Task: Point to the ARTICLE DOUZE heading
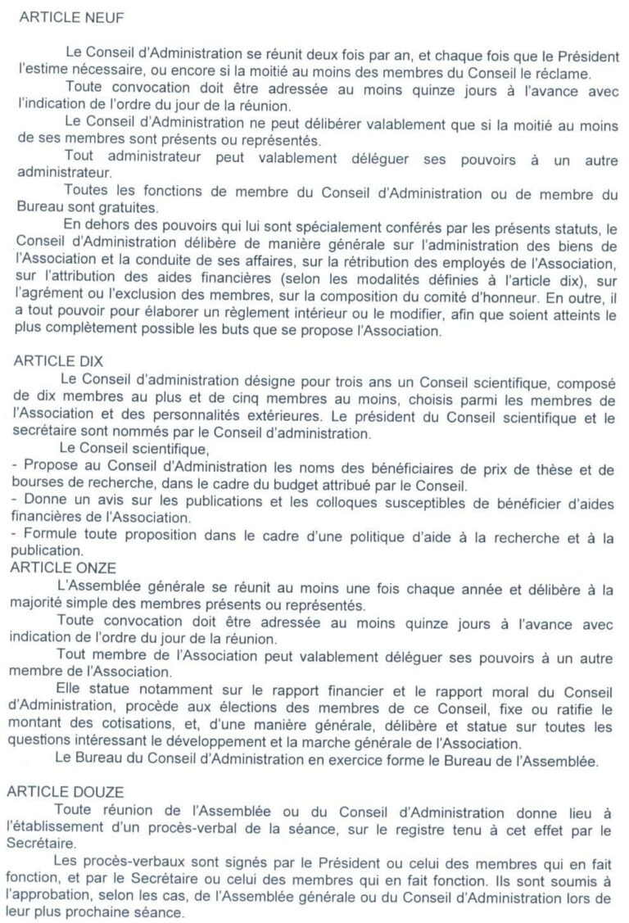65,791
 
